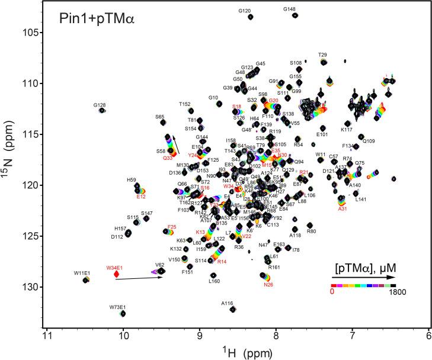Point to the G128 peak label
tap(100, 105)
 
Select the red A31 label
tap(342, 208)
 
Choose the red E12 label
tap(141, 196)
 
